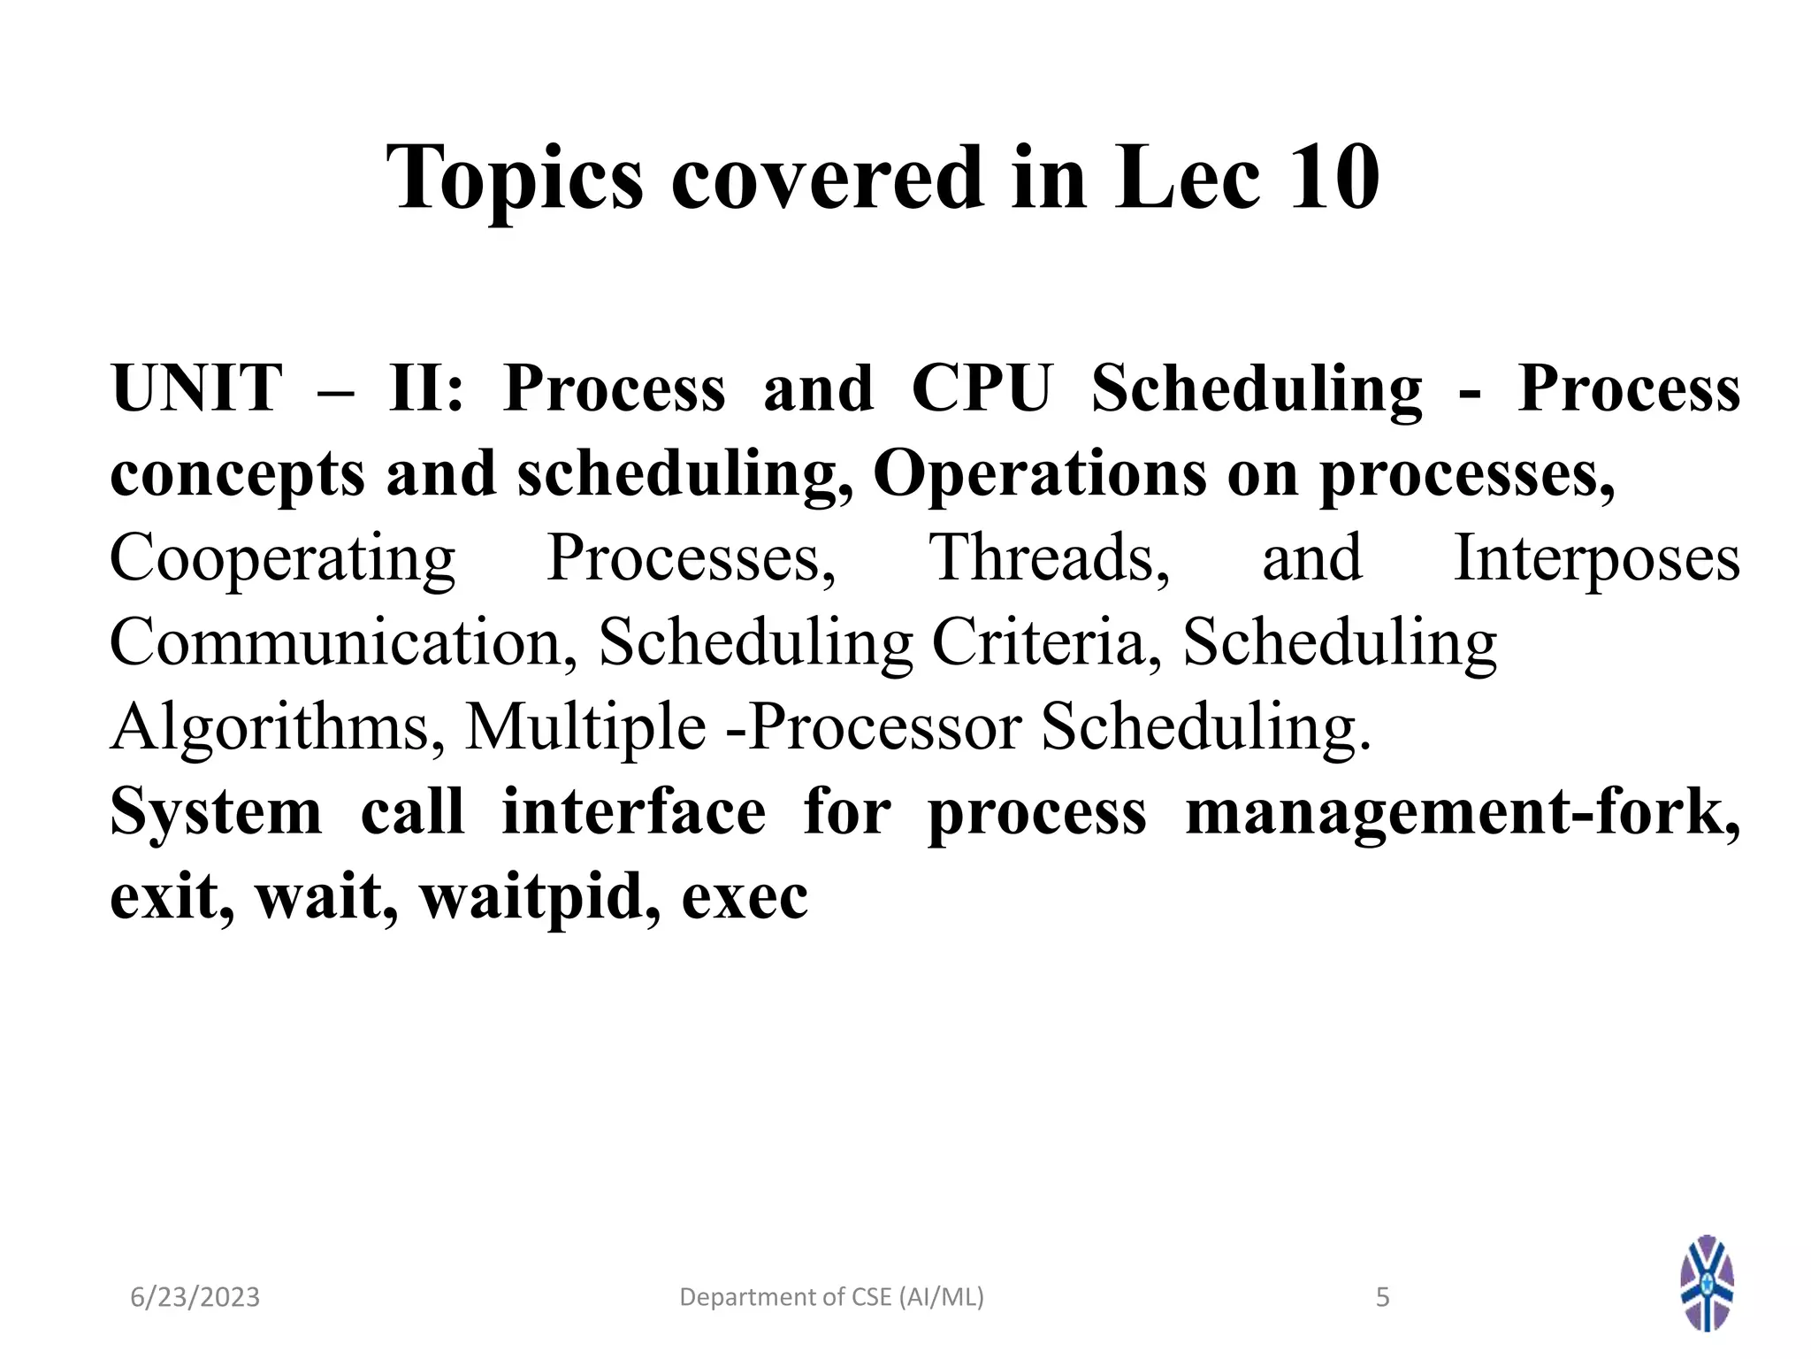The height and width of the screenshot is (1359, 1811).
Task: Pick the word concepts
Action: click(237, 474)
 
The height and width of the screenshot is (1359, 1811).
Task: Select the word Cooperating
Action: click(282, 559)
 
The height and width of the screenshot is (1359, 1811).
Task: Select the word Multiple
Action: click(585, 727)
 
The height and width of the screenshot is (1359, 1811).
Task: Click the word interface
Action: click(633, 812)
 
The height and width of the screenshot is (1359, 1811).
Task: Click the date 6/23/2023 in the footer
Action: click(195, 1297)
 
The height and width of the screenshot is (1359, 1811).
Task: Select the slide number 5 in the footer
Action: click(1383, 1297)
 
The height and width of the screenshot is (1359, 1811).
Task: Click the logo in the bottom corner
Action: click(1707, 1283)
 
